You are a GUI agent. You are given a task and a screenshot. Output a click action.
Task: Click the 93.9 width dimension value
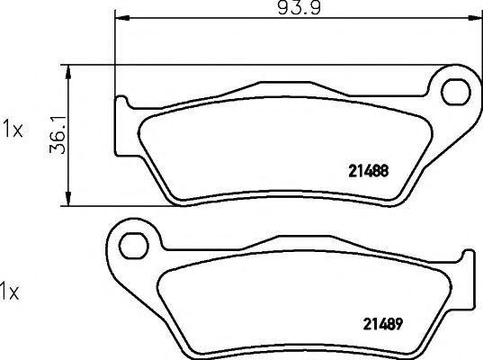300,8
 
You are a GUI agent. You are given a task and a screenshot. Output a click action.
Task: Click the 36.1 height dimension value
58,135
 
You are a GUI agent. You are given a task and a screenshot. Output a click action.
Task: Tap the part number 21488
369,171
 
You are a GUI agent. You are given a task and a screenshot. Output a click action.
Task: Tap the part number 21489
383,324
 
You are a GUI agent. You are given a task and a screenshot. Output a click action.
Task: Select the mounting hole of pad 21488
456,92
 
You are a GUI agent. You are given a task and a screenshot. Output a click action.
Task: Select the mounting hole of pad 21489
134,246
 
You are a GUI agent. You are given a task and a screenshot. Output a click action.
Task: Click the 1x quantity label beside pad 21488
13,130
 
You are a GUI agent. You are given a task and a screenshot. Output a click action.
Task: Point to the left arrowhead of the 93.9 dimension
121,18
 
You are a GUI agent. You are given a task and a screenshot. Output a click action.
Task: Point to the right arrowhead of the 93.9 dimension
474,18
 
